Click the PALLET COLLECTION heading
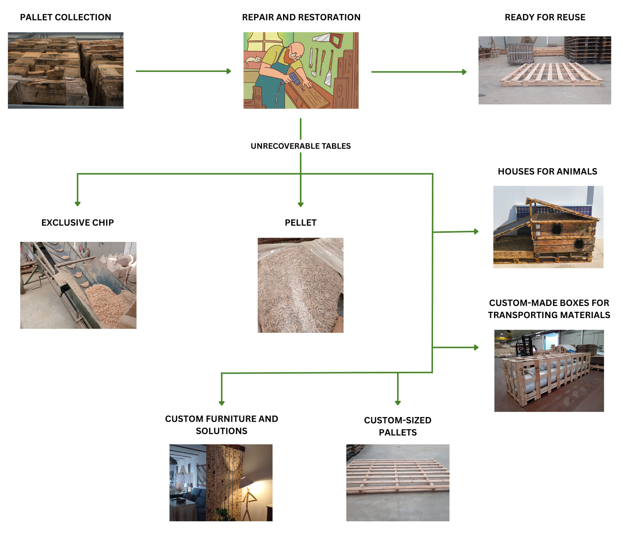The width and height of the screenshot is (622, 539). pos(65,17)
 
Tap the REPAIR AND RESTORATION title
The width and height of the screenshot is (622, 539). pos(301,17)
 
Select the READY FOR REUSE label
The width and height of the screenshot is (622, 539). pos(545,17)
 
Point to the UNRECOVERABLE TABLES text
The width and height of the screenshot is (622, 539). pos(301,146)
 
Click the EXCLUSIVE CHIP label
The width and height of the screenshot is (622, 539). pos(77,223)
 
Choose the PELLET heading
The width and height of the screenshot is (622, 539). pos(301,223)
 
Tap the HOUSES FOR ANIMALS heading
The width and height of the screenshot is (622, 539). pos(547,172)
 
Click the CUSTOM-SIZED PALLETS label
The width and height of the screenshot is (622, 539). pos(398,426)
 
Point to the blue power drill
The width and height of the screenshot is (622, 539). pos(294,80)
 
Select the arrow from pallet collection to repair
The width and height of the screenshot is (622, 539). pos(183,71)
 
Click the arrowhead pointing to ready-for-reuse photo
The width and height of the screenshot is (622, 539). pos(464,72)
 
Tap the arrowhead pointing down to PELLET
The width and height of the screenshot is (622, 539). pos(301,204)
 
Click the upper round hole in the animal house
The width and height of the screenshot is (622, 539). pos(556,230)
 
